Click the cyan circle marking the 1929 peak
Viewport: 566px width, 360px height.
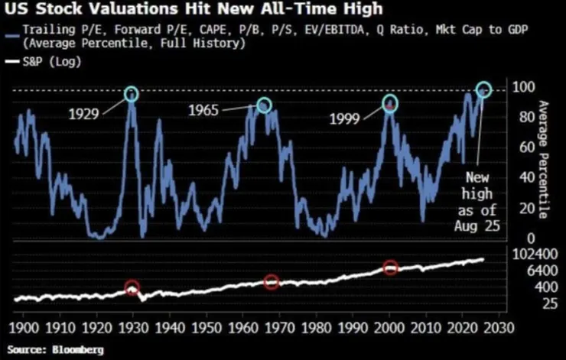click(132, 94)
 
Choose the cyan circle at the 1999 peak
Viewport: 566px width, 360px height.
click(390, 102)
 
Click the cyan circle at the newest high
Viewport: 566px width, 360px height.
click(483, 90)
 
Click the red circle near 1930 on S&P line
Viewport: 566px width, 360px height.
click(132, 288)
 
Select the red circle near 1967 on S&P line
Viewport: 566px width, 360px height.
click(271, 282)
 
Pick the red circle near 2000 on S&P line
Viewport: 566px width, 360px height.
click(391, 268)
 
